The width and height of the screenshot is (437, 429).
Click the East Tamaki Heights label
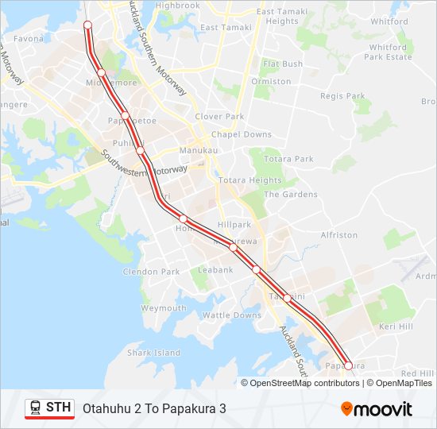coord(277,17)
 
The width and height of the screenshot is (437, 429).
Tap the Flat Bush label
coord(283,64)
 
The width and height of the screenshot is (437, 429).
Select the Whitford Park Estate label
coord(388,52)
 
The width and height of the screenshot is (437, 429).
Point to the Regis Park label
coord(342,96)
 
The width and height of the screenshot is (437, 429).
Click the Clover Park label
coord(219,117)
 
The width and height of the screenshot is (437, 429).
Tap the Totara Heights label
coord(250,180)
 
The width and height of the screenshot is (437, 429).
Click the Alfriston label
coord(339,235)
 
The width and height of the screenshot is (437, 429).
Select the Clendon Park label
coord(151,272)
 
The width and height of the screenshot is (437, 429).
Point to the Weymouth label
coord(164,308)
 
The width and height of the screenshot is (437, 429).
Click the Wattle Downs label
coord(232,315)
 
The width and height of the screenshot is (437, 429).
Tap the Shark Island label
coord(154,353)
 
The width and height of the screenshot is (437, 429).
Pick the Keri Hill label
coord(396,327)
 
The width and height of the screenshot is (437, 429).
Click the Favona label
coord(29,38)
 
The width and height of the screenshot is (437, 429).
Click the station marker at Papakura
coord(348,366)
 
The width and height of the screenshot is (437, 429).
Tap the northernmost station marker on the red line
coord(87,25)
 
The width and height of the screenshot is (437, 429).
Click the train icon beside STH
coord(35,408)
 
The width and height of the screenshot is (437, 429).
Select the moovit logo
coord(377,409)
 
